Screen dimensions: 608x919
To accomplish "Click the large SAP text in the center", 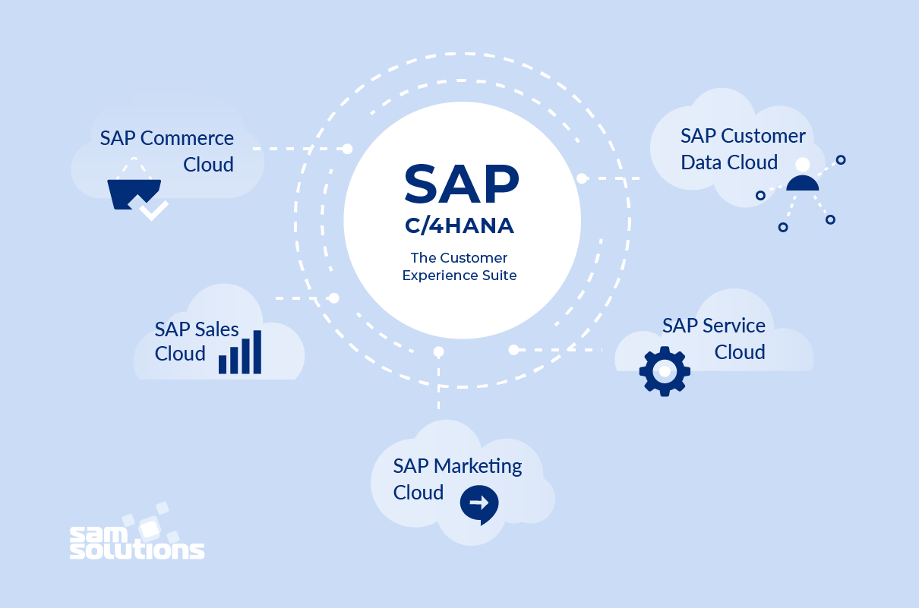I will (461, 184).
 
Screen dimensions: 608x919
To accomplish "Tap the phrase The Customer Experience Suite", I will (459, 266).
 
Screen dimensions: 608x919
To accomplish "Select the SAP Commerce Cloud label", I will (167, 151).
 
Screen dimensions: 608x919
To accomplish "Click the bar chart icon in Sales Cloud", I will (240, 352).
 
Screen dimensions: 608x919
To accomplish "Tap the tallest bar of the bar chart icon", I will (257, 352).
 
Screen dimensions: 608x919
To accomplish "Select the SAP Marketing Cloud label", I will (457, 479).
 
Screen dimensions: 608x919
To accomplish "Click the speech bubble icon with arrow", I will (479, 503).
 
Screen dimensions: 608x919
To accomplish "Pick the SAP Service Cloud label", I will (714, 339).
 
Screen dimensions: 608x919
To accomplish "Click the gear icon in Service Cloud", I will (665, 371).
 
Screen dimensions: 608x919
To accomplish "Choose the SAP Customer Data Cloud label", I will (742, 149).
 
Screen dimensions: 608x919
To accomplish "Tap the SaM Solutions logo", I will (137, 538).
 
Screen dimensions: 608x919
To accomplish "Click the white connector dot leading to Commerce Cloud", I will (347, 149).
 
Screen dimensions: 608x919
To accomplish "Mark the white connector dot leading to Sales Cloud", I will (333, 298).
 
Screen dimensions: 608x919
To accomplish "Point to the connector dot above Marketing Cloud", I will (437, 351).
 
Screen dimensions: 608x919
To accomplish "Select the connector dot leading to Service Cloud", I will (513, 350).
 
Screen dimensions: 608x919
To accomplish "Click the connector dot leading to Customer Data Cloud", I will (582, 178).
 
